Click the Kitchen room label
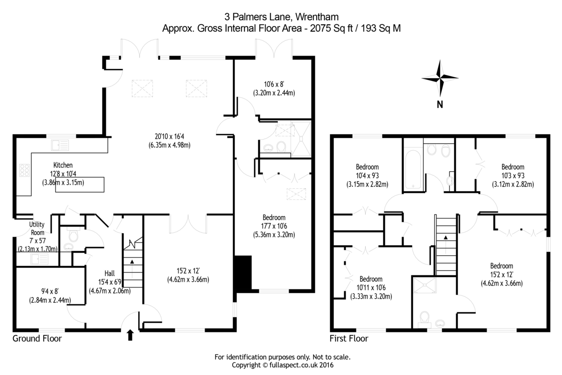coord(63,165)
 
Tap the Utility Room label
coord(37,228)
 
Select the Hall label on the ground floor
coord(110,274)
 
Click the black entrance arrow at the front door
coord(130,334)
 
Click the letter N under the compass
coord(439,105)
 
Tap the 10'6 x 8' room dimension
coord(274,84)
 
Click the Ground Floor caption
coord(37,338)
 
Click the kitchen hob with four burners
coord(23,170)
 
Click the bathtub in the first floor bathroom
coord(413,169)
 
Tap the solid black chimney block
coord(242,273)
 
